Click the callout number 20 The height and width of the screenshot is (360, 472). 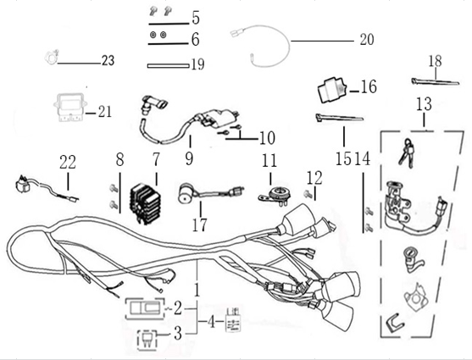(366, 39)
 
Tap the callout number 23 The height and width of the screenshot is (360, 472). (107, 61)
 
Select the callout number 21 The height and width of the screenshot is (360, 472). (104, 111)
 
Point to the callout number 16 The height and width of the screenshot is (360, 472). (369, 87)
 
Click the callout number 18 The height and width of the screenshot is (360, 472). (435, 61)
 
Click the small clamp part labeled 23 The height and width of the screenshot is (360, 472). (50, 59)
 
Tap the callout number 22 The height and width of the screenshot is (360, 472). (68, 160)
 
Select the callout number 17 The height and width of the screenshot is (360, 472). (201, 225)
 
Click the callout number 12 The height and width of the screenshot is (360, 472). (314, 178)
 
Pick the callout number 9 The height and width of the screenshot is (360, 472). (189, 157)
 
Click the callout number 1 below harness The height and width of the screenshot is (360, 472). (197, 290)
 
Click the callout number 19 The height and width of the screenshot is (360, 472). (197, 64)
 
